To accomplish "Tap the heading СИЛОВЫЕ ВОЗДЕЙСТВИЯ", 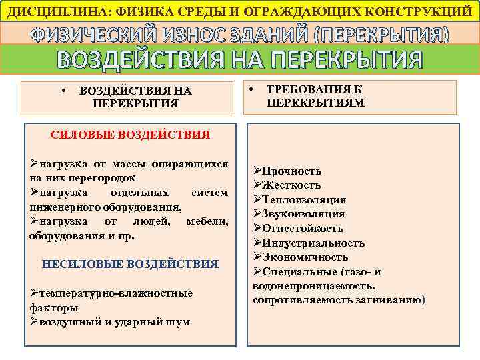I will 130,135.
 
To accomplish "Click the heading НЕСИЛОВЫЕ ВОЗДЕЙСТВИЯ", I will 130,264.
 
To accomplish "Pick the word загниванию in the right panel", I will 391,300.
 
